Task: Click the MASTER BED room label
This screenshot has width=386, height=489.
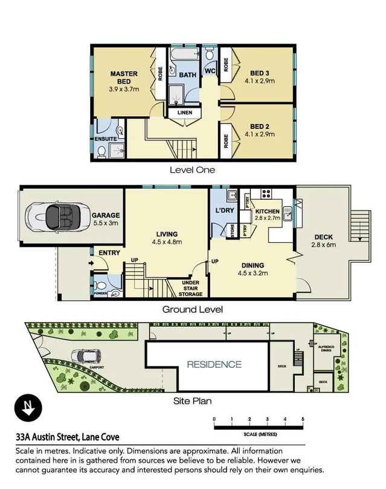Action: point(124,77)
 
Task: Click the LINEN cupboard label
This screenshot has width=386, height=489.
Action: point(185,113)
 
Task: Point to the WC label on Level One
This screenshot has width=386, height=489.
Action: point(210,71)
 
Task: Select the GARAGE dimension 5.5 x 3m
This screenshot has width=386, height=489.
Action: point(105,223)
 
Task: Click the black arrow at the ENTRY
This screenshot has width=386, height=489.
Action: point(91,263)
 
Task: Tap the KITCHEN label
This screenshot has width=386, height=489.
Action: point(267,211)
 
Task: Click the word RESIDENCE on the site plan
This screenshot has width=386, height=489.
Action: point(213,364)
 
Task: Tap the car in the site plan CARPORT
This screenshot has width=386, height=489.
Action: point(82,356)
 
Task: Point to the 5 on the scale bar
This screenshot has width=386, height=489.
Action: point(303,419)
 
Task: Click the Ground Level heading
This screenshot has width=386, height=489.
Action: point(193,309)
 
